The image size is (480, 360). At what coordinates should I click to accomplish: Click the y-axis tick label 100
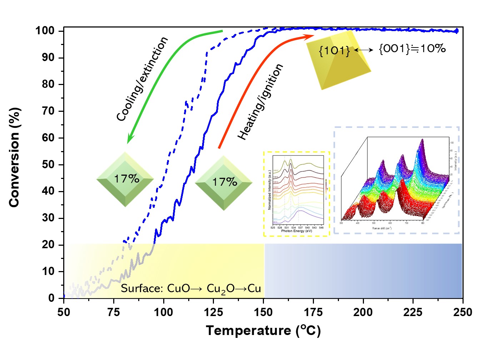[x=45, y=31]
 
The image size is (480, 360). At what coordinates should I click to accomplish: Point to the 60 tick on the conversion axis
[x=48, y=137]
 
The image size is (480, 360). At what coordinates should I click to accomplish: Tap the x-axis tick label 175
[x=313, y=312]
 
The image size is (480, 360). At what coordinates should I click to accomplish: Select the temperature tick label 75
[x=114, y=312]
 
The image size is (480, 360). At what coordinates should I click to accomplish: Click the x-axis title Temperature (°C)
[x=263, y=330]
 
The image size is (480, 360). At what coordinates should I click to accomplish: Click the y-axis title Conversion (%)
[x=14, y=157]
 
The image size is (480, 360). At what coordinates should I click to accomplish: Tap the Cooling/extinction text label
[x=142, y=79]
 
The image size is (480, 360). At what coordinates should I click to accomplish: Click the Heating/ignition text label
[x=260, y=102]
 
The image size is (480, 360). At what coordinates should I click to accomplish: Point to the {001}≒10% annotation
[x=412, y=49]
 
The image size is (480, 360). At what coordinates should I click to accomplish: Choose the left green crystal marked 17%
[x=125, y=179]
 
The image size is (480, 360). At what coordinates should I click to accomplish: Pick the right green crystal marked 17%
[x=224, y=183]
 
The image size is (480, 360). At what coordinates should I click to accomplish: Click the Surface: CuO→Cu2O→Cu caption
[x=191, y=289]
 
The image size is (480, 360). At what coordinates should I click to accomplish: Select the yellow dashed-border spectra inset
[x=296, y=194]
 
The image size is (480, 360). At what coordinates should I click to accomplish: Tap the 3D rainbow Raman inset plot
[x=396, y=180]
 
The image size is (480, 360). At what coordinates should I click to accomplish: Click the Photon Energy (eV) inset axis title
[x=296, y=231]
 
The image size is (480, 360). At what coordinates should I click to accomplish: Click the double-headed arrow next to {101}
[x=364, y=50]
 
